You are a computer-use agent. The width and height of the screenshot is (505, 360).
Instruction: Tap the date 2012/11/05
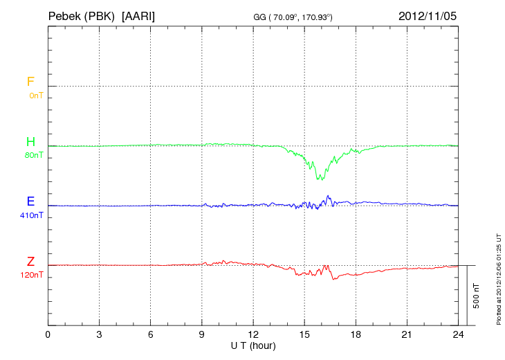click(x=428, y=15)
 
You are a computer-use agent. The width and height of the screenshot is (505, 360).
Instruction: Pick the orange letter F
click(x=30, y=82)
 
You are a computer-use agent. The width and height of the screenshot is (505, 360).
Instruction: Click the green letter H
click(x=30, y=142)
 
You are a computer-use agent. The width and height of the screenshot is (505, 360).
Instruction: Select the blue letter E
click(x=30, y=201)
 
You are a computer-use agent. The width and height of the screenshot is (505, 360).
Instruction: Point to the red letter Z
click(x=30, y=262)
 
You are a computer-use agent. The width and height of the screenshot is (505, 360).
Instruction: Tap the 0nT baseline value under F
click(x=35, y=96)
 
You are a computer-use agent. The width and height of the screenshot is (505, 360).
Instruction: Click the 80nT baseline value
click(x=34, y=155)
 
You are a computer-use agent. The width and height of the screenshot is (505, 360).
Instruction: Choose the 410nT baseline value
click(x=32, y=215)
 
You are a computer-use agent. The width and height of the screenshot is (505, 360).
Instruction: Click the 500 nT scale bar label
click(x=477, y=296)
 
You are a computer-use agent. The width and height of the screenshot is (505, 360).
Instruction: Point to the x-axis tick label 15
click(x=304, y=334)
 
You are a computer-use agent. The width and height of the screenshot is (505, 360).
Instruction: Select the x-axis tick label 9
click(x=202, y=334)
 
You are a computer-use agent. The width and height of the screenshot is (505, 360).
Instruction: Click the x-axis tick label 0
click(x=48, y=334)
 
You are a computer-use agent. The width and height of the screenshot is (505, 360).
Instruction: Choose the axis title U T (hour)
click(x=253, y=345)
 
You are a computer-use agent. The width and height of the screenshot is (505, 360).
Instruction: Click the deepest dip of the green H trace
click(x=319, y=179)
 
